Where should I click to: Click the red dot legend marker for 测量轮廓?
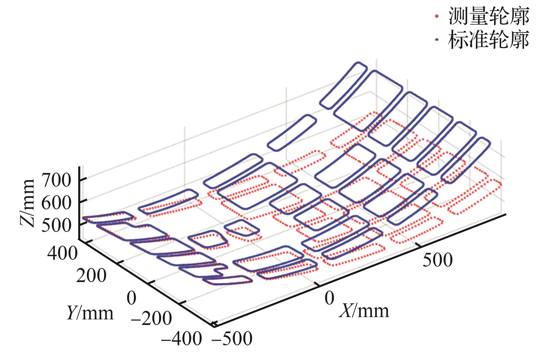(x=436, y=16)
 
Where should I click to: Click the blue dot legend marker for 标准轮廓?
(x=436, y=40)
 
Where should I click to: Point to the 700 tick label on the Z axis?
(x=56, y=180)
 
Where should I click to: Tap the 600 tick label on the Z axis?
(x=56, y=203)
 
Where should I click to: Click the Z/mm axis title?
(x=27, y=203)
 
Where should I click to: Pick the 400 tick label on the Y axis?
(x=62, y=253)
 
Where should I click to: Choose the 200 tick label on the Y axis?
(x=91, y=275)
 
